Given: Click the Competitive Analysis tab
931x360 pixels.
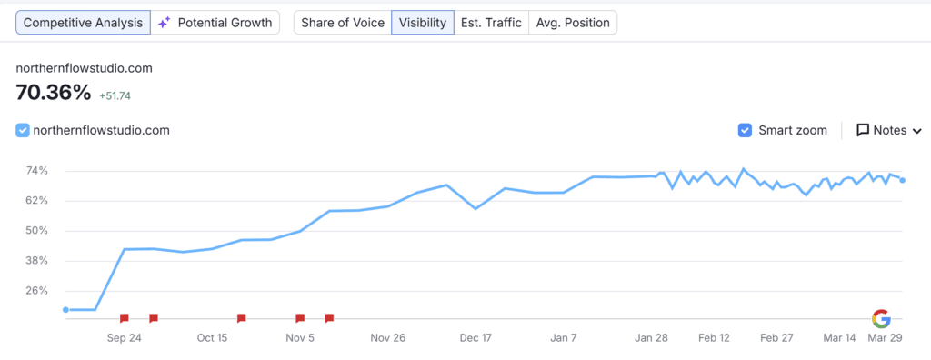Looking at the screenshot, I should coord(83,23).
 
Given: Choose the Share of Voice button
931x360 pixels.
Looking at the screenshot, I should coord(342,23).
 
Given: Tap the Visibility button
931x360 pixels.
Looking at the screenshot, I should coord(423,23).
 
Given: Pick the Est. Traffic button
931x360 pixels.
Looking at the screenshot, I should coord(492,23).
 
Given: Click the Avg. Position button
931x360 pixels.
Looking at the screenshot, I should coord(573,23).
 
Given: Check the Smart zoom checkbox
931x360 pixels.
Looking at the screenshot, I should coord(746,130).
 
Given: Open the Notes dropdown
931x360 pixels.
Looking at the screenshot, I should coord(889,130).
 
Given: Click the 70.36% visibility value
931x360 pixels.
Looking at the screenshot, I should coord(54,92).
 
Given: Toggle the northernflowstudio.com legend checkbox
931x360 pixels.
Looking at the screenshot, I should coord(24,130).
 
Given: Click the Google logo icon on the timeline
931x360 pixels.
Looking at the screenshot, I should coord(881,318).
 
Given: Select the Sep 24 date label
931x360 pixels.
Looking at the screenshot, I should coord(124,337).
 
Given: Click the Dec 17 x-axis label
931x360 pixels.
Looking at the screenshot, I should coord(476,337).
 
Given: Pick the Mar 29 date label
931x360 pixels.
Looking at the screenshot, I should coord(885,337).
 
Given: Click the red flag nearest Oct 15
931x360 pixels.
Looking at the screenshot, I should coord(241,318).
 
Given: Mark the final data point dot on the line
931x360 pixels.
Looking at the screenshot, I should coord(902,180).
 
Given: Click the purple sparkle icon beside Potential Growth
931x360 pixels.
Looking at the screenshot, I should coord(164,23).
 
